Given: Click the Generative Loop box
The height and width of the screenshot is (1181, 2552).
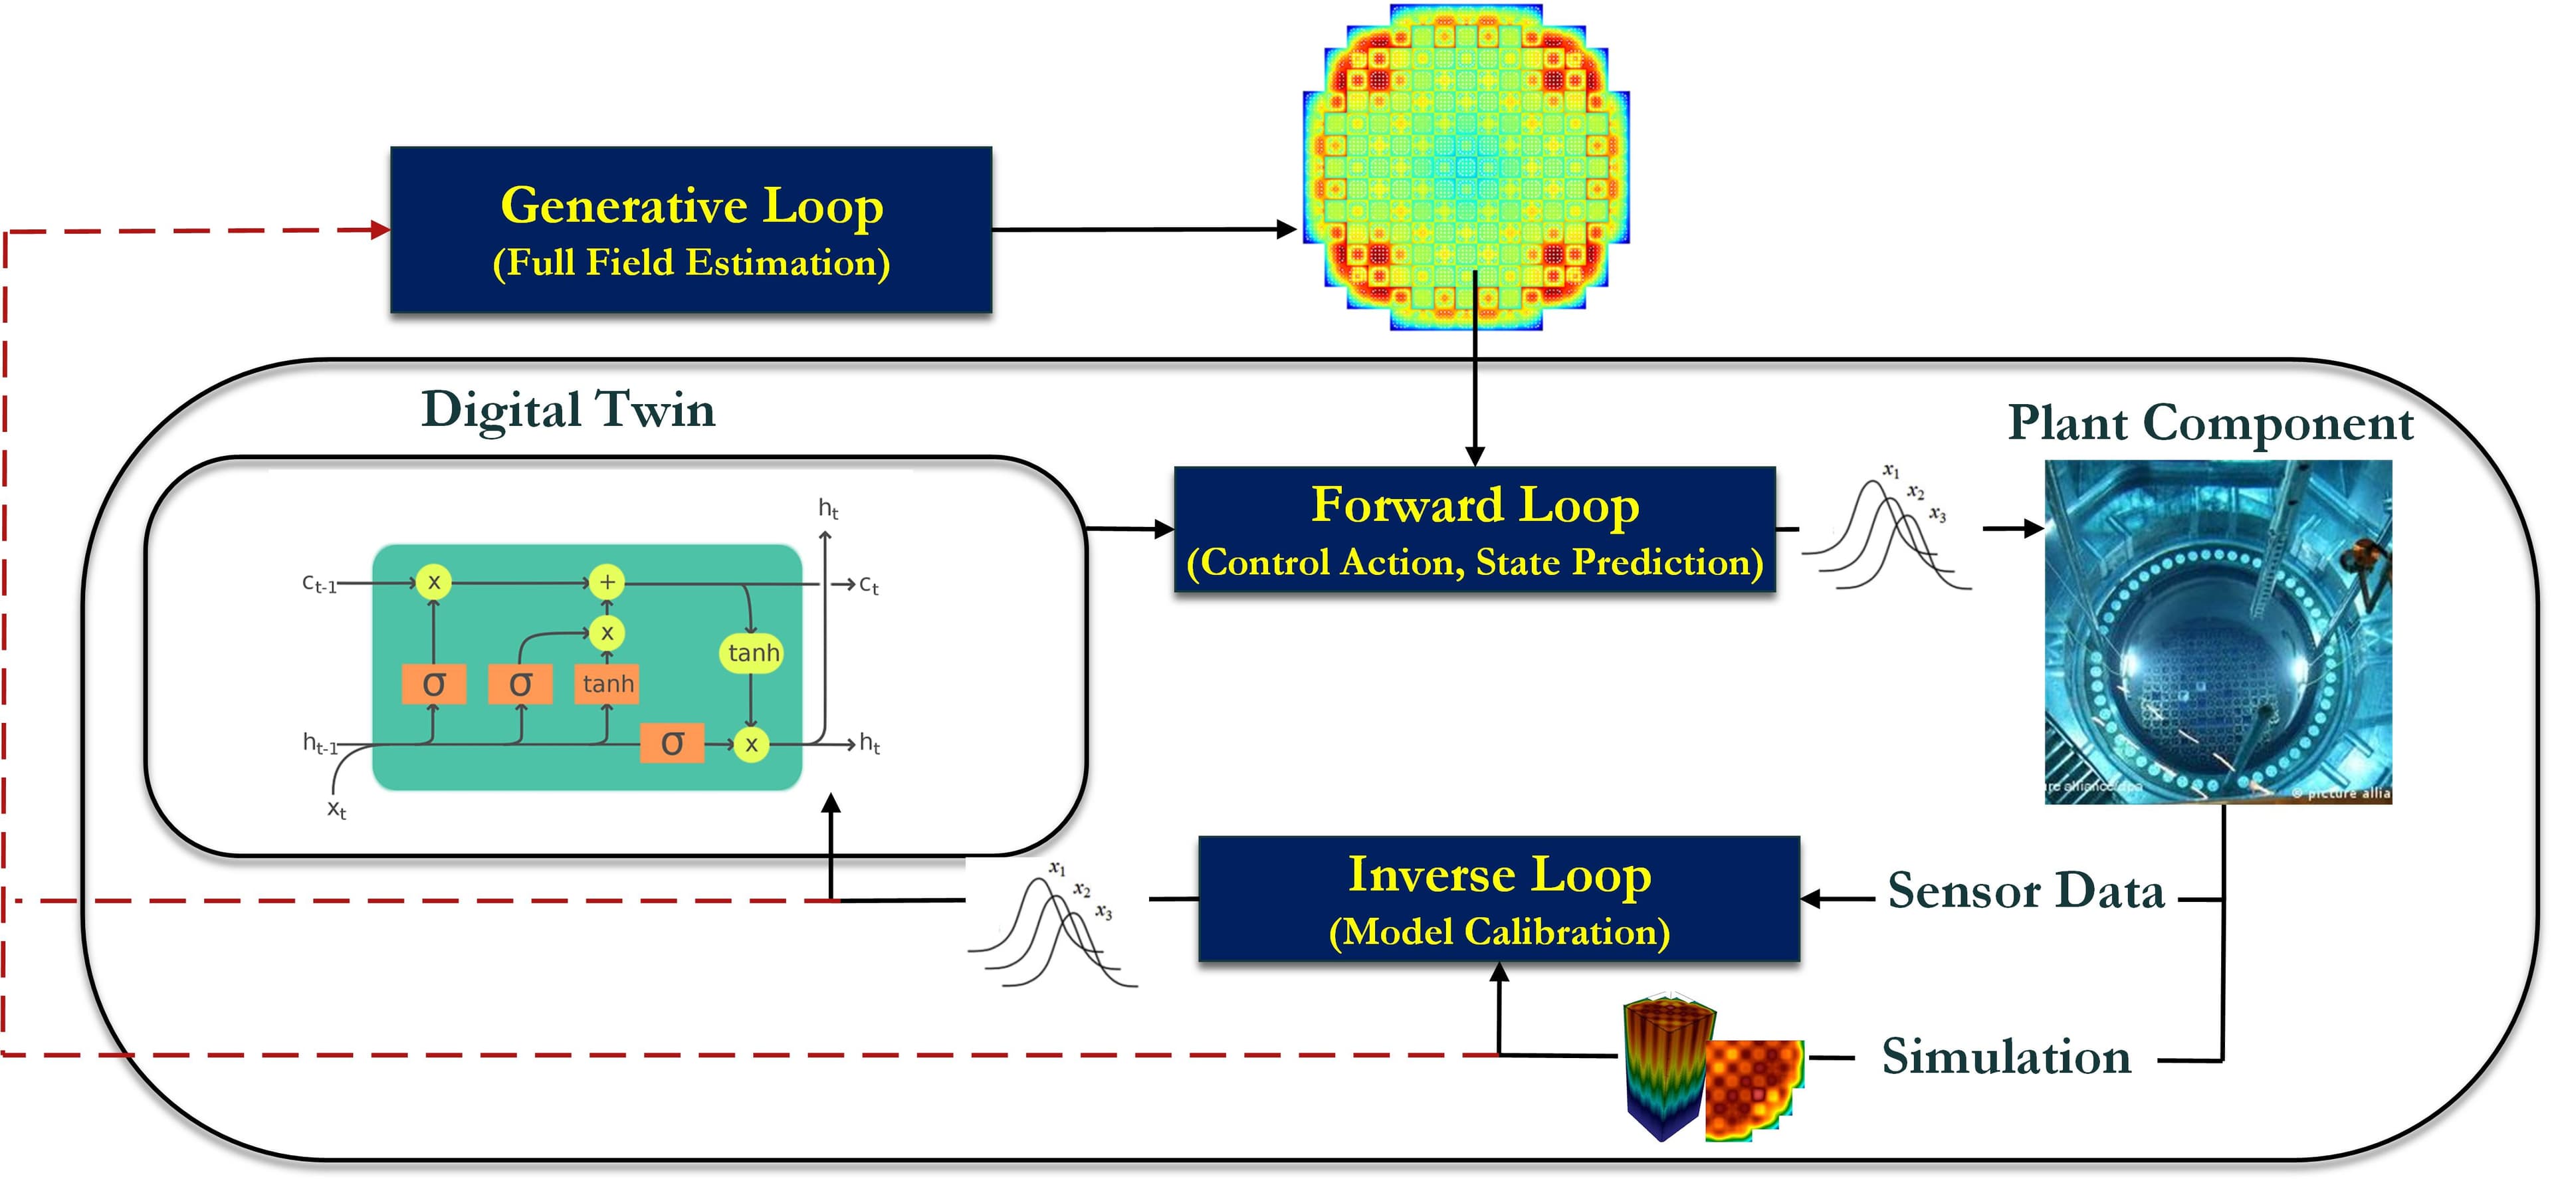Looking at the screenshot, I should click(691, 230).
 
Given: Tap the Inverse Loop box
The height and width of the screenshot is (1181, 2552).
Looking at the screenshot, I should click(1498, 899).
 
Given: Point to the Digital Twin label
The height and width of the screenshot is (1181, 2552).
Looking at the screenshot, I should click(568, 409).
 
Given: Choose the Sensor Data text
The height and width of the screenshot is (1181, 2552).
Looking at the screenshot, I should click(2025, 890).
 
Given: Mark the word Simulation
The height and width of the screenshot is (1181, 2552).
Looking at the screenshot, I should click(2006, 1056).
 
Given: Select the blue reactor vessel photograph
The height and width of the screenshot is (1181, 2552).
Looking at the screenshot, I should click(2218, 631).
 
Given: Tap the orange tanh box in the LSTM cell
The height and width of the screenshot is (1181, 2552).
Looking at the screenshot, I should click(607, 684).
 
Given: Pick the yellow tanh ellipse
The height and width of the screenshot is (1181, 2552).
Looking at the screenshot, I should click(753, 653).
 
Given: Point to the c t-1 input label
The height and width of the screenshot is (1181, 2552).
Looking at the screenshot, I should click(319, 584).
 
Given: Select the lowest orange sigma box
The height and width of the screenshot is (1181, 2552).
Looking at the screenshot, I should click(672, 743).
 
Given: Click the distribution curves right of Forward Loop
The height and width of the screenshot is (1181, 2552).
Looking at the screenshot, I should click(1887, 530).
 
